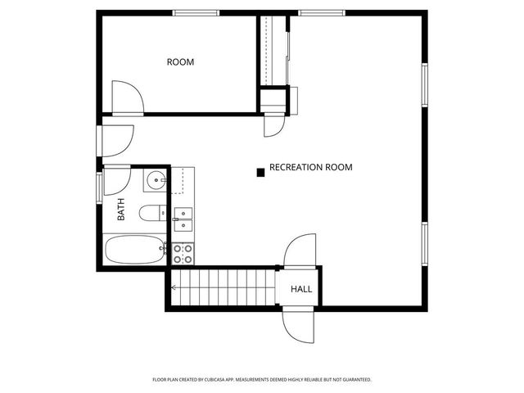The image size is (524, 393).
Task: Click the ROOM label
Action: (x=180, y=62)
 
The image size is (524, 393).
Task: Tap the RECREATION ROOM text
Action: (x=310, y=167)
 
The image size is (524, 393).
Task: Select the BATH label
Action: (x=121, y=211)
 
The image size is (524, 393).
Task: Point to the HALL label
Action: (x=301, y=289)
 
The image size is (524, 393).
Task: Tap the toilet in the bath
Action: (x=151, y=214)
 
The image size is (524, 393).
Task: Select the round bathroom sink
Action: (x=156, y=180)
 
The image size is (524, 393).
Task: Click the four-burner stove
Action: (x=183, y=254)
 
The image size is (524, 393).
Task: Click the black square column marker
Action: (x=260, y=172)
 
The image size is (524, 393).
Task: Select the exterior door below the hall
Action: (x=298, y=326)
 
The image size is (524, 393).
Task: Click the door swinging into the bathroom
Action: (x=116, y=179)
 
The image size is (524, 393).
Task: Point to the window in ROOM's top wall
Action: (x=196, y=12)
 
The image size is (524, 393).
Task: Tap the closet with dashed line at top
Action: (x=274, y=49)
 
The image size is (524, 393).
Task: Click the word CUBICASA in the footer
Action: (x=215, y=380)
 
